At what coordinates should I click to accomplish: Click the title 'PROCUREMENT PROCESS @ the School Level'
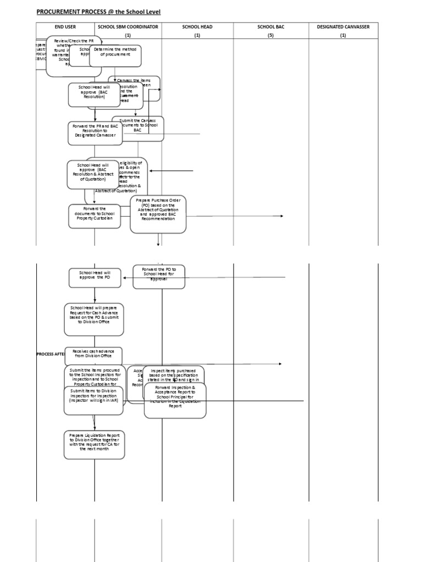tap(98, 12)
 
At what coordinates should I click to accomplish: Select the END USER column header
tap(65, 26)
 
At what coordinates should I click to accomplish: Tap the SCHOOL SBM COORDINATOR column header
tap(128, 26)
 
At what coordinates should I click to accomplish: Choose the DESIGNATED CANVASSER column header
tap(343, 26)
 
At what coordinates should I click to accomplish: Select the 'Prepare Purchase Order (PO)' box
tap(158, 211)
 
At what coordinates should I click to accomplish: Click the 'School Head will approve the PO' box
tap(95, 277)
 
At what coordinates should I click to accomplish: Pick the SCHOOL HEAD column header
tap(197, 26)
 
